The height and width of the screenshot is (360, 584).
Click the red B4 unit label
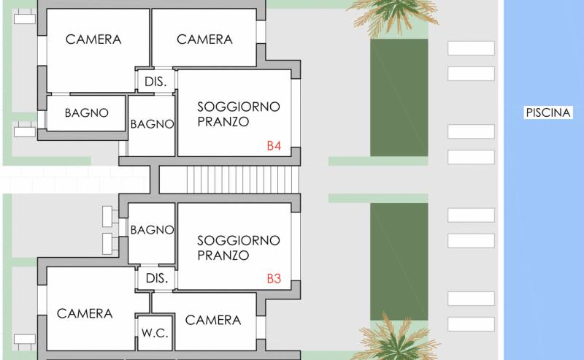(274, 145)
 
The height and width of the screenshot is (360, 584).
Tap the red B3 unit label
(274, 278)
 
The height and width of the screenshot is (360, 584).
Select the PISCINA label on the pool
(548, 112)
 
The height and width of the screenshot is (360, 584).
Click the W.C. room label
(155, 333)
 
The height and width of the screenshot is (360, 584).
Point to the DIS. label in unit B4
(155, 82)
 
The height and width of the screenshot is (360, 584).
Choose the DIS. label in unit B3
(157, 278)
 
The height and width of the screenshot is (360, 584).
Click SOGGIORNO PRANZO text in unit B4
(239, 114)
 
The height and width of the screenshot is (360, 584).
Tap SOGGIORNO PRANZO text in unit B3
(239, 248)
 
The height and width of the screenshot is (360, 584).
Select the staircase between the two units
(229, 179)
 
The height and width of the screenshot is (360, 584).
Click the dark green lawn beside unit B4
(399, 98)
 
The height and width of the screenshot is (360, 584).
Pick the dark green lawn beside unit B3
(399, 261)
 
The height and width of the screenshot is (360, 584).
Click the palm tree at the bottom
(396, 339)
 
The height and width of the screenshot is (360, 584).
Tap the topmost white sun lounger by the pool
(471, 48)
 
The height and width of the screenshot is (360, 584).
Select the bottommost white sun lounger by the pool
(471, 324)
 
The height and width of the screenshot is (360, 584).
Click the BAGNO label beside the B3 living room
(152, 230)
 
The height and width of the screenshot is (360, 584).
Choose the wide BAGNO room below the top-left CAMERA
(86, 113)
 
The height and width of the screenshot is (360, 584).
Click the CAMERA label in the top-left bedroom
(93, 39)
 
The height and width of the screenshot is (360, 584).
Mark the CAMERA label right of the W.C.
(213, 320)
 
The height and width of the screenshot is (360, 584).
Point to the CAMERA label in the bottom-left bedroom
(85, 314)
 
